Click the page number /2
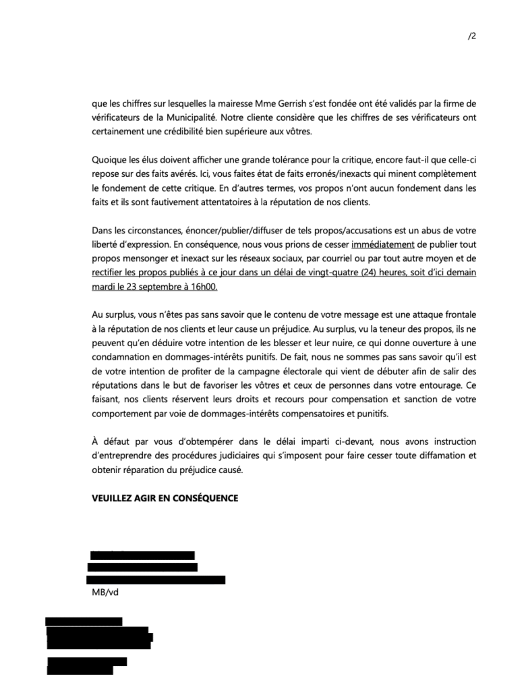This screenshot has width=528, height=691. point(471,36)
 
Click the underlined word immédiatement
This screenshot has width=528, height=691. point(383,260)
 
